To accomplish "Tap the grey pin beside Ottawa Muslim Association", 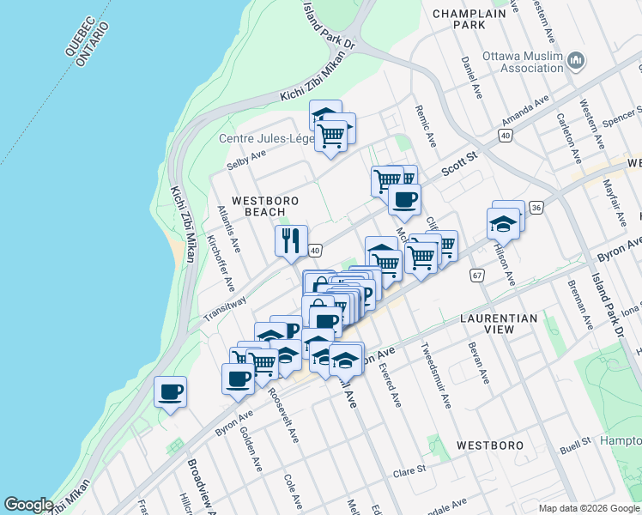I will click(x=576, y=61).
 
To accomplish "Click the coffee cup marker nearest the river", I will click(x=170, y=393).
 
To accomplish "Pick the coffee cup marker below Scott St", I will click(x=404, y=200).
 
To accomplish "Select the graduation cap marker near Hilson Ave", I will click(x=504, y=224).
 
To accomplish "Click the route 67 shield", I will click(x=477, y=275).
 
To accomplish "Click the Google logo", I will click(x=28, y=505).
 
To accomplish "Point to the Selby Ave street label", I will click(x=246, y=159).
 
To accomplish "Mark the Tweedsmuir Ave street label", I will click(x=434, y=376).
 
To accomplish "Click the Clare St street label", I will click(x=409, y=471).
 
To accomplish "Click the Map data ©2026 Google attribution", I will click(x=588, y=508).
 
